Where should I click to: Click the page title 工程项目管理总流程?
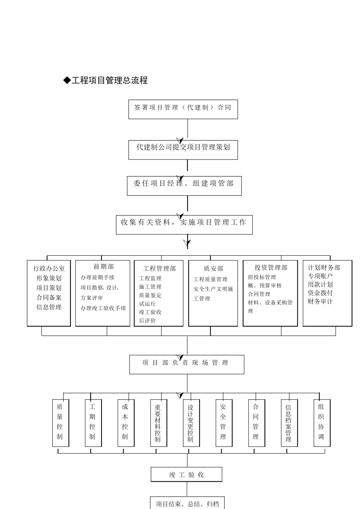(x=106, y=80)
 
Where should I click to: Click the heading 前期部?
(x=103, y=267)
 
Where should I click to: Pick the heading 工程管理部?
(x=160, y=269)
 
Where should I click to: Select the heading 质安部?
(x=213, y=269)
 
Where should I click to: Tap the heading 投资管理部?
(x=271, y=268)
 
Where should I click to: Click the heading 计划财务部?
(x=324, y=268)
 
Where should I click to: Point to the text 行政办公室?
(x=49, y=269)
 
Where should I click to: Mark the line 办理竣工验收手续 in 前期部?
(x=103, y=308)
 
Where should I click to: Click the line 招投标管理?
(x=262, y=277)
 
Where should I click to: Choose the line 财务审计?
(x=320, y=302)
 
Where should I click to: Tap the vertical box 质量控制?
(x=60, y=422)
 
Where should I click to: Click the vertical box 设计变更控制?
(x=191, y=423)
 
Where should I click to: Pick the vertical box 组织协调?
(x=321, y=422)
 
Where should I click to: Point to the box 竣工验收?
(x=186, y=475)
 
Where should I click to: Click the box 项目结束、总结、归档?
(x=187, y=504)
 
